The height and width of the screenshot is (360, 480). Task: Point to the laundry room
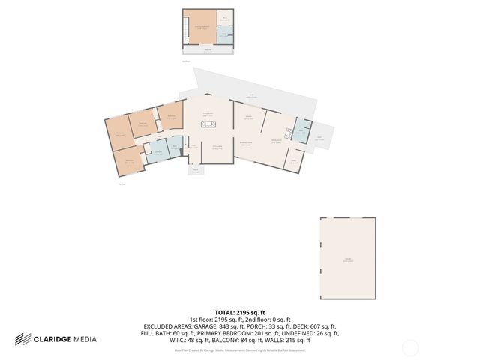click(x=159, y=153)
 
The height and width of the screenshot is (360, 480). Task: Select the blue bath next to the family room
click(x=301, y=131)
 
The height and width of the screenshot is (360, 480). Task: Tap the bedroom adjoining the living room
click(x=170, y=116)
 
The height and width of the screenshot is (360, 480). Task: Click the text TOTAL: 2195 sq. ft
click(x=240, y=311)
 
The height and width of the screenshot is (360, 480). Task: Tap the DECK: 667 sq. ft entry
click(x=314, y=327)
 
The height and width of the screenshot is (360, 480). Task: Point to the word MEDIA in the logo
click(x=84, y=339)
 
